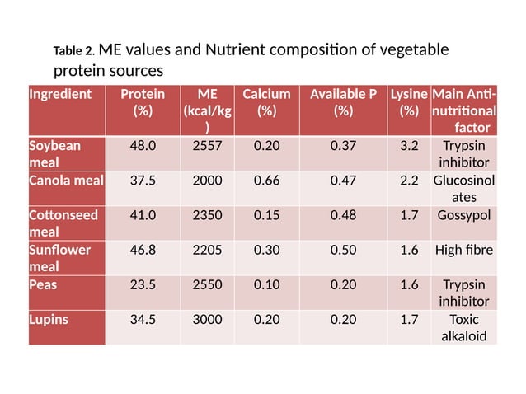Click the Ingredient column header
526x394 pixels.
[x=60, y=94]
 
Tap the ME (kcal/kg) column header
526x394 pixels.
[x=207, y=110]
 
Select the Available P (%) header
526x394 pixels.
[x=343, y=102]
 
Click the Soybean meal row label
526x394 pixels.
[x=55, y=154]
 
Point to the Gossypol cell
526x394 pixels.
[x=466, y=215]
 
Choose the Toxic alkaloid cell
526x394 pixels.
[x=464, y=326]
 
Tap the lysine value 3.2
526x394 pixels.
[x=408, y=147]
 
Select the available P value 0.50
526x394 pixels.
[x=343, y=249]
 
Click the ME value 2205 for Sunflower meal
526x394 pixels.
[x=207, y=249]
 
